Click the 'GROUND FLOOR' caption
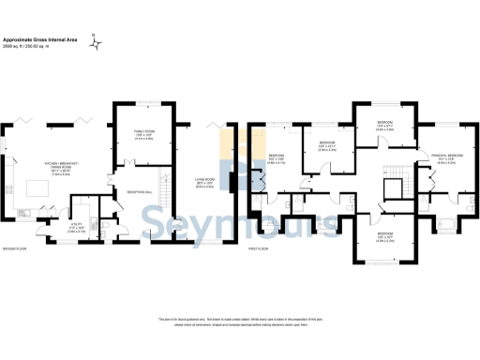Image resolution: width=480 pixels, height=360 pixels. (13, 249)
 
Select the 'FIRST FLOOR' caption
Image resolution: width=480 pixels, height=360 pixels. (260, 249)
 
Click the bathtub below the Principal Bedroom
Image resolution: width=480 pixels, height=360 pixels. (447, 225)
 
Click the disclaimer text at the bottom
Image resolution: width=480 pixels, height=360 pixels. (239, 323)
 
